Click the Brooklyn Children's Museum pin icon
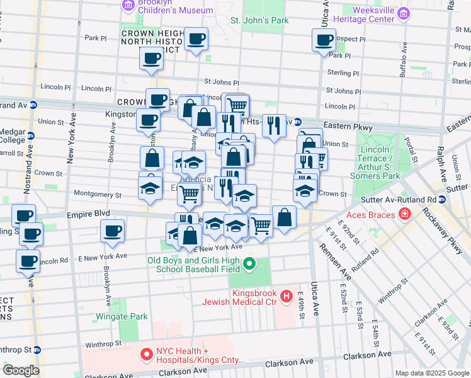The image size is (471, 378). tap(128, 6)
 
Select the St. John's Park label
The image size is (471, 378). tap(259, 21)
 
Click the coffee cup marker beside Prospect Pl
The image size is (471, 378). tap(324, 40)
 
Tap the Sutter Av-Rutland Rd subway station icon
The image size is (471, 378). tap(442, 200)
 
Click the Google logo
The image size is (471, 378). tap(21, 370)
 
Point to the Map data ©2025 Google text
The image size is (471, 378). tap(432, 373)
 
